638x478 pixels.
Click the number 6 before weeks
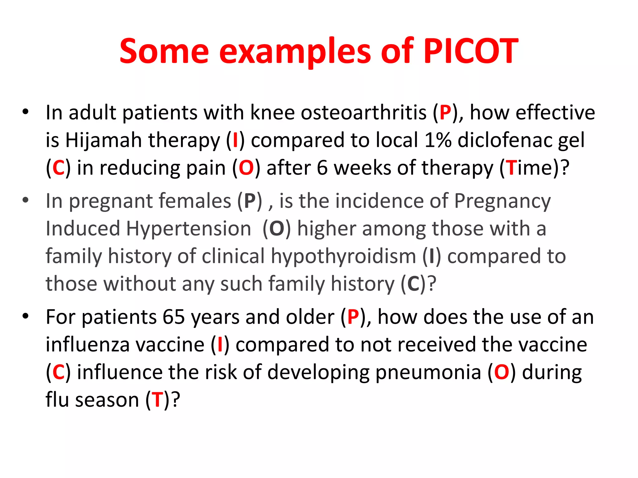[x=322, y=168]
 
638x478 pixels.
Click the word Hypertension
[x=188, y=229]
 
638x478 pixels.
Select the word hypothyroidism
[x=343, y=257]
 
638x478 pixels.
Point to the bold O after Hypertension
[x=277, y=229]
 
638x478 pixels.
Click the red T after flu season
[x=158, y=400]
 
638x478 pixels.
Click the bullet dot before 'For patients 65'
[x=26, y=316]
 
